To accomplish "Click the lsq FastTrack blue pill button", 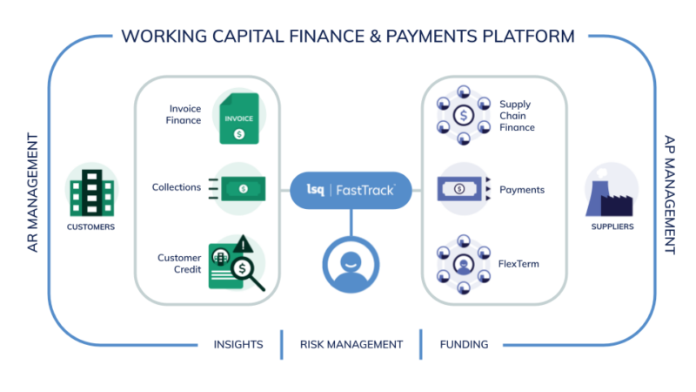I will tap(350, 189).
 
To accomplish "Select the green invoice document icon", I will tap(239, 117).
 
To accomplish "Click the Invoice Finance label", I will tap(184, 114).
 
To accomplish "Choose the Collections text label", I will tap(177, 187).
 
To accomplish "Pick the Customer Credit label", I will tap(179, 263).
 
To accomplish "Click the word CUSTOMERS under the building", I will tap(90, 227).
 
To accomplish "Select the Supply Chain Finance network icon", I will tap(465, 114).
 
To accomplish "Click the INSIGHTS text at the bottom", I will tap(238, 344).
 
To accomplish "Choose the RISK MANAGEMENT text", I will tap(351, 344).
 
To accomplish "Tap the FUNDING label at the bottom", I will tap(464, 344).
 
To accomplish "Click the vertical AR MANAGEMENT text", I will tap(33, 193).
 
